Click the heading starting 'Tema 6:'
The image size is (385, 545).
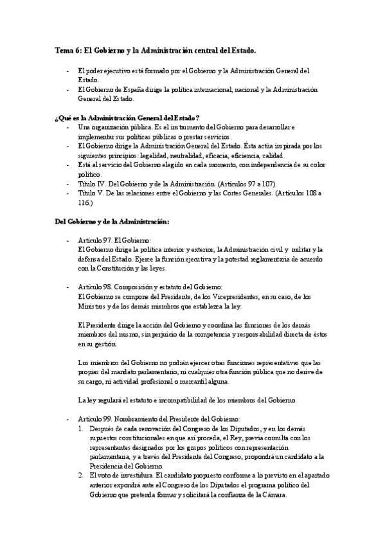tap(156, 49)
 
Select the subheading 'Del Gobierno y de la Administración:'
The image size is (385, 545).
tap(112, 222)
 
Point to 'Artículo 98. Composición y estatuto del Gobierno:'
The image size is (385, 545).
tap(150, 285)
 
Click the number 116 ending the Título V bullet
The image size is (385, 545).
tap(84, 203)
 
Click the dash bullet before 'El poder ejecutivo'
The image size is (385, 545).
tap(68, 69)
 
